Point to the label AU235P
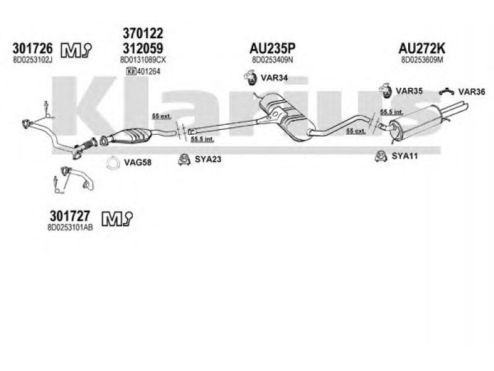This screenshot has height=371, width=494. click(273, 48)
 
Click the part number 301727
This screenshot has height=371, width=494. click(69, 217)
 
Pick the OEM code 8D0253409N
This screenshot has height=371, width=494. click(273, 60)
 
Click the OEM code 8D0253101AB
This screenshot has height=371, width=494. click(70, 228)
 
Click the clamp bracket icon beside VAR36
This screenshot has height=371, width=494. click(446, 92)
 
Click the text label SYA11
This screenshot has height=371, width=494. click(405, 156)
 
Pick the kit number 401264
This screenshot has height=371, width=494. click(151, 71)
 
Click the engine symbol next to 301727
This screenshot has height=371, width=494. click(113, 217)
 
